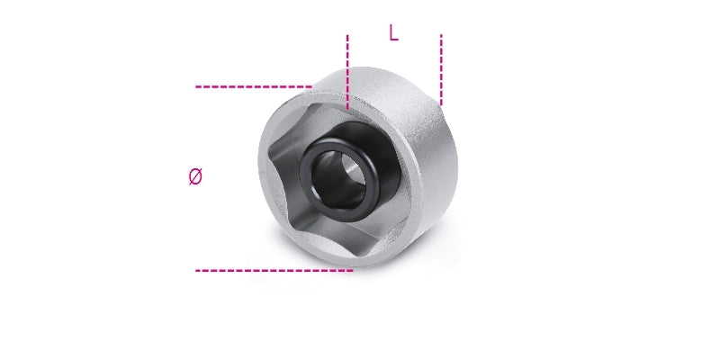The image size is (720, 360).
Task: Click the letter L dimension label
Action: pos(393,33)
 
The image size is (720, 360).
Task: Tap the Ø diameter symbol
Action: pos(195,177)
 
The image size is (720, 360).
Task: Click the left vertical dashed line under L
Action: pos(346,72)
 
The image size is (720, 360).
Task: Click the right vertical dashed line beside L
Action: pos(441,68)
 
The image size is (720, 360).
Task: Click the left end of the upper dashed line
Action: pos(197,87)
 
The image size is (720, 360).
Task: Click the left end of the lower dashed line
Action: pos(197,269)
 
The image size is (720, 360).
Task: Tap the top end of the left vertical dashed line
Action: pos(346,37)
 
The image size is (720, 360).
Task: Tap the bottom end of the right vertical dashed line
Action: pos(441,102)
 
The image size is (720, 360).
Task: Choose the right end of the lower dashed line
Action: pos(351,269)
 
